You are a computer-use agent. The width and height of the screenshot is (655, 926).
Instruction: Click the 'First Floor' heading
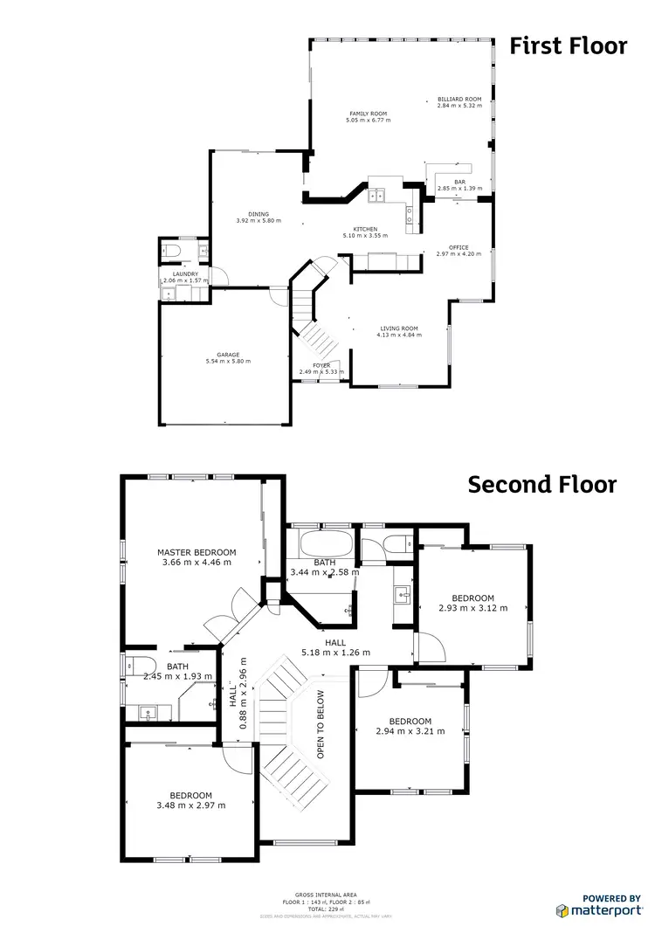(x=568, y=45)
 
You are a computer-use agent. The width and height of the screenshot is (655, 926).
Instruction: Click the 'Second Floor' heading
(x=541, y=483)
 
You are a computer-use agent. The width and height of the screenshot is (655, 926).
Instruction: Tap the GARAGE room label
(x=222, y=355)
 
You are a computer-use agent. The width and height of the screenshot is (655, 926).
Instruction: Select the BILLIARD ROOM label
(x=459, y=100)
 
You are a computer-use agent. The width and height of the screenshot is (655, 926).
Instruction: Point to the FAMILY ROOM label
(x=368, y=114)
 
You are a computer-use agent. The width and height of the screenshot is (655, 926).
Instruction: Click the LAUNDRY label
(x=185, y=274)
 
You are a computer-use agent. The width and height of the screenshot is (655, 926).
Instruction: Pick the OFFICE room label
(x=458, y=247)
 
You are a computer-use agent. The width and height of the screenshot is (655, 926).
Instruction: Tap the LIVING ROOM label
(x=398, y=328)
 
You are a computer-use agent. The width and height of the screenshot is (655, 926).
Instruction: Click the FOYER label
(x=321, y=365)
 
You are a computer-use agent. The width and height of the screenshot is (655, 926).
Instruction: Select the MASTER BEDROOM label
(x=196, y=552)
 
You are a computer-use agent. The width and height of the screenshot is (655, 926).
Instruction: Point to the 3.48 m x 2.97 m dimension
(x=190, y=805)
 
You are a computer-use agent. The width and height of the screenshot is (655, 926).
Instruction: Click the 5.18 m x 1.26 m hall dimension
(x=335, y=652)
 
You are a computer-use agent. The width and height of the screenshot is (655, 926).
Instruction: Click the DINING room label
(x=258, y=214)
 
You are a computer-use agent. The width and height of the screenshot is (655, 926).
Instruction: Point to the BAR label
(x=459, y=181)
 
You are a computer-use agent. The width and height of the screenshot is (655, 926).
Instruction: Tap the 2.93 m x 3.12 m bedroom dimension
(x=472, y=609)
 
